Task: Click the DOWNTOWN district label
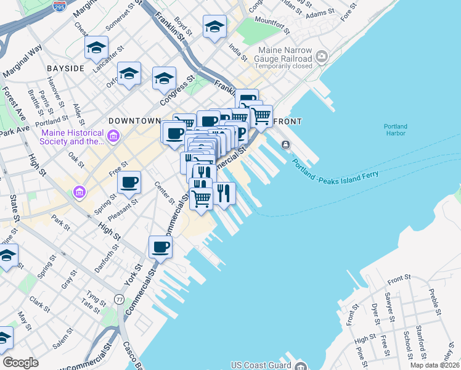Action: pos(134,121)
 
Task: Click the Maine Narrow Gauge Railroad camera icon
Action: pos(321,57)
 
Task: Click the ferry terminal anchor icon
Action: pos(286,145)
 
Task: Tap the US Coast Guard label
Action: pos(259,365)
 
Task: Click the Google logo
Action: pos(20,363)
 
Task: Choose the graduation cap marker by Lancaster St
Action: pos(96,47)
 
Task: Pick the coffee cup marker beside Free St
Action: pos(130,182)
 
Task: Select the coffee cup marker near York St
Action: pos(160,247)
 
